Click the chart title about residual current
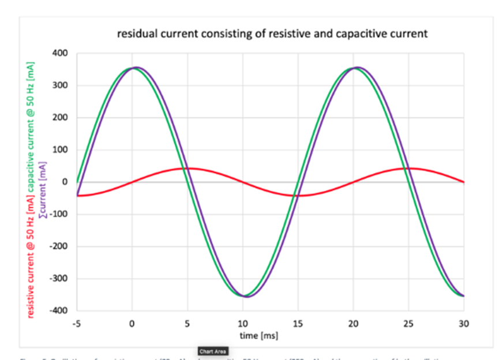click(x=272, y=33)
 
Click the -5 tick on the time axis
click(x=77, y=324)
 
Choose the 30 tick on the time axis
click(x=464, y=324)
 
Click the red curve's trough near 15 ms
click(x=298, y=196)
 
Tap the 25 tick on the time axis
click(x=408, y=324)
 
